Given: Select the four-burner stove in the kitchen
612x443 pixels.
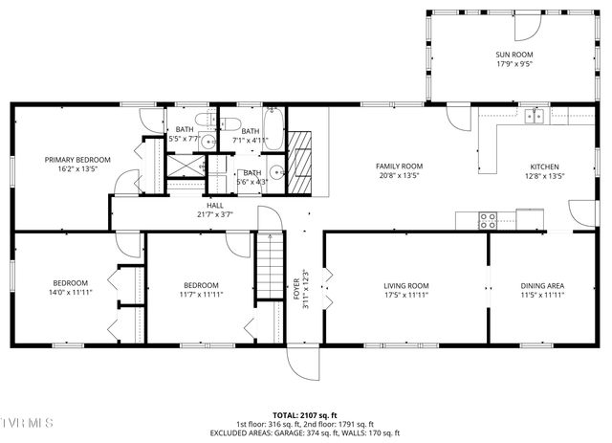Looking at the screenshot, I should (488, 218).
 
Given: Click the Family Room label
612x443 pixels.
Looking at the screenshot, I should (399, 166).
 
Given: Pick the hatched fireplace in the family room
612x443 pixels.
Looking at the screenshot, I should (302, 155).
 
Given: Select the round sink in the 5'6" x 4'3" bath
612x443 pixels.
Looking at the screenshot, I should (274, 174).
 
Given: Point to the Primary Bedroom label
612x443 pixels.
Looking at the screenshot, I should (77, 159).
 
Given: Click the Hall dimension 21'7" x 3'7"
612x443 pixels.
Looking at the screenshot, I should (214, 214).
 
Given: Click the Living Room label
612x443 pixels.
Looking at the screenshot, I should (406, 285).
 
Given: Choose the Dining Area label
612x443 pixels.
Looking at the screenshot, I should (541, 285).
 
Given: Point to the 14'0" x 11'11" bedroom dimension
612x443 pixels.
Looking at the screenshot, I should (71, 294).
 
